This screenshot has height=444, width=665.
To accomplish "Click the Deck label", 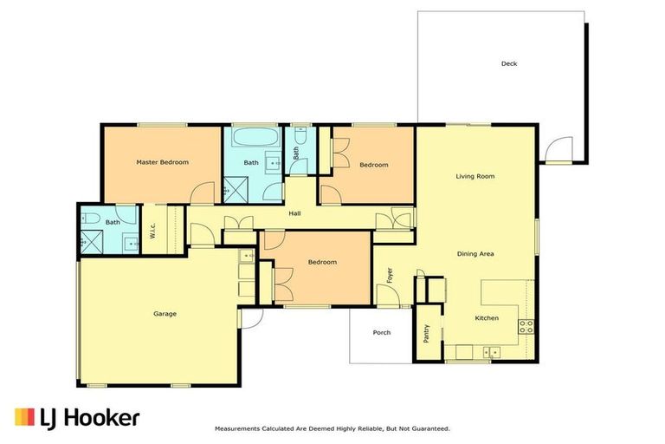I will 508,63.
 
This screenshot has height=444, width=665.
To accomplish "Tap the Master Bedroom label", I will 162,162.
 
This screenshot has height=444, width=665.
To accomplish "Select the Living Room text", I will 475,176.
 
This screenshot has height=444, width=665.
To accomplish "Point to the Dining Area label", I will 475,254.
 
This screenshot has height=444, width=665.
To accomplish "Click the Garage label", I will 165,314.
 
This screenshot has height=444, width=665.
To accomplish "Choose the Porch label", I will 381,332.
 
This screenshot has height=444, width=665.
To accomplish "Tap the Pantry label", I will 427,334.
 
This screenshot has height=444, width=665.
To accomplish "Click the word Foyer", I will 391,275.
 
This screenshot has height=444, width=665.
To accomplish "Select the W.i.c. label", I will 152,232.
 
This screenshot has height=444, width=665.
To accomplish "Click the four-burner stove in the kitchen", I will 525,327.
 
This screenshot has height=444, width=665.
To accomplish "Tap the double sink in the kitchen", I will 491,352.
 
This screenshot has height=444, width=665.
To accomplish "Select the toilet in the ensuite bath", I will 89,217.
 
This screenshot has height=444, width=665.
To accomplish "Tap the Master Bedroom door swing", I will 203,193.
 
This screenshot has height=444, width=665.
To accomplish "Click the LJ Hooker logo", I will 77,417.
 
